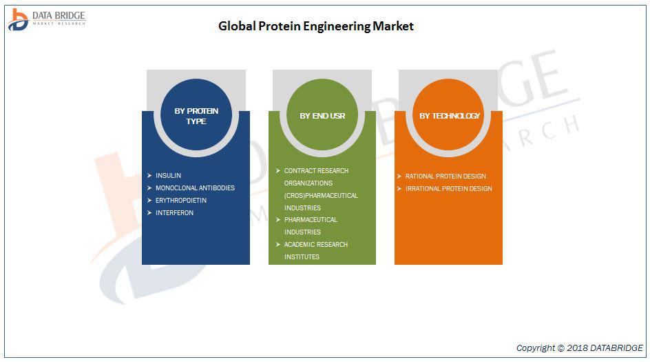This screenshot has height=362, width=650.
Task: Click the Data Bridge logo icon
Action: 18,19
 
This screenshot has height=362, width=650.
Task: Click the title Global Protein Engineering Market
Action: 316,27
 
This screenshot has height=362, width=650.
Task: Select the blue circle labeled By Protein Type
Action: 196,114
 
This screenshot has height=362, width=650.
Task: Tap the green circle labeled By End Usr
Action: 322,114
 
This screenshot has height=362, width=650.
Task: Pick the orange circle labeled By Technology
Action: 448,114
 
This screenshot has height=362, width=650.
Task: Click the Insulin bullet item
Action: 168,176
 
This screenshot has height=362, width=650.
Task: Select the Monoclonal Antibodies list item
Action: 196,188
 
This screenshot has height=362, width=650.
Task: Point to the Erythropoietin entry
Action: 181,201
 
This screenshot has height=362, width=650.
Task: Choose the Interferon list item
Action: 174,213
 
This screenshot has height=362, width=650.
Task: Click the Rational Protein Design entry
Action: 445,177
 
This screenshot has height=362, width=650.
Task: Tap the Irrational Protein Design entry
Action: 449,189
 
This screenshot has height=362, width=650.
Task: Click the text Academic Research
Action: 316,245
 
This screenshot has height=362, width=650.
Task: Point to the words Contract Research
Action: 316,170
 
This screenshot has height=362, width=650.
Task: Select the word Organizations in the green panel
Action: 308,183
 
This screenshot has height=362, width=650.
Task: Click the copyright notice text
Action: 580,348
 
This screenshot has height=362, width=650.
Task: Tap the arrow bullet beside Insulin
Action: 149,176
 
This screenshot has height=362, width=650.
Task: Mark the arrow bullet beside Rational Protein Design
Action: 399,177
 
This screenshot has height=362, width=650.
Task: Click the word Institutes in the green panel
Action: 302,257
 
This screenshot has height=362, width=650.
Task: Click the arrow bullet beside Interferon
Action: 149,213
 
